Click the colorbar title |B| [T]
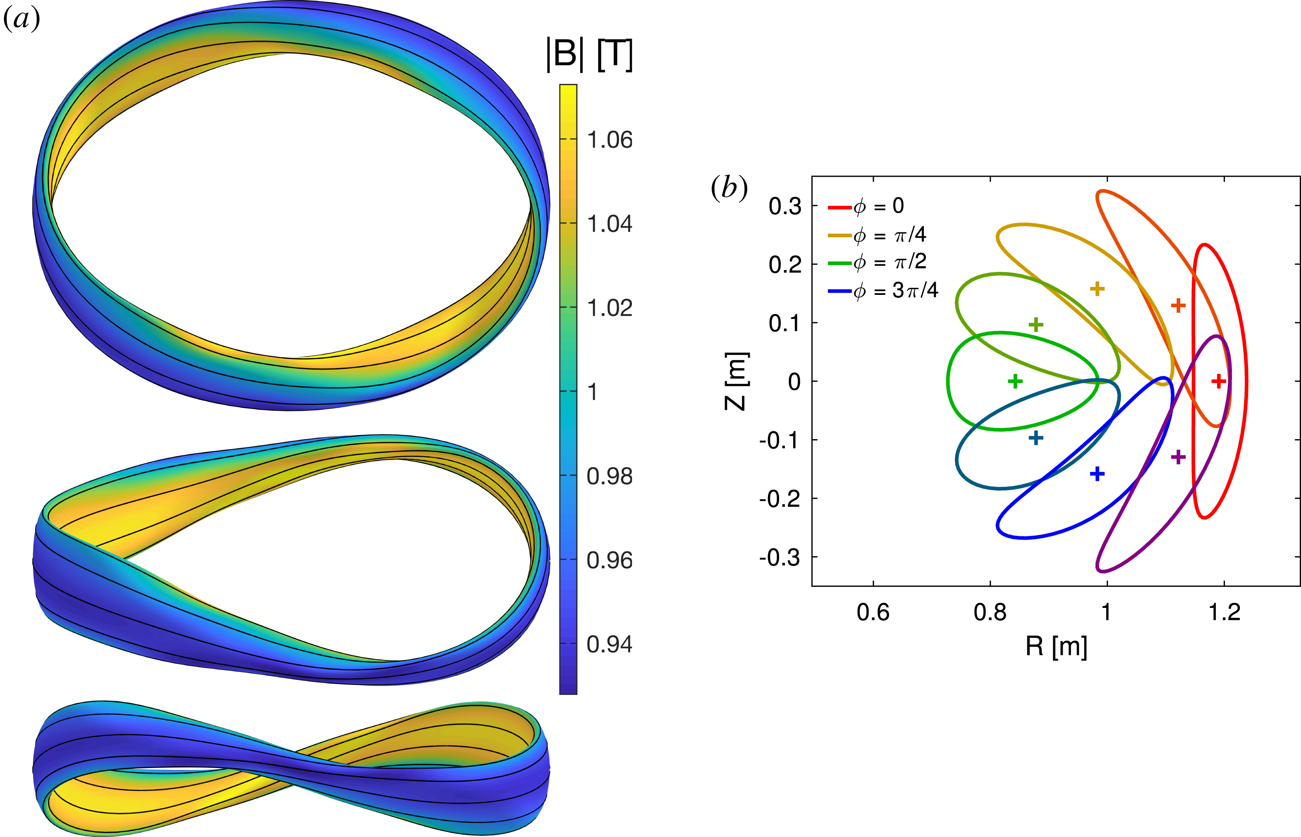(x=590, y=55)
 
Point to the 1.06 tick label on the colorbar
(x=610, y=140)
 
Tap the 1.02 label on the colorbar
(x=610, y=308)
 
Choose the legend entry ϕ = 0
(x=866, y=206)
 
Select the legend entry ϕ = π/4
(x=877, y=235)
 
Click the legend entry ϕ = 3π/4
(x=883, y=291)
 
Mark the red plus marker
(x=1218, y=381)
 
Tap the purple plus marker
(x=1178, y=457)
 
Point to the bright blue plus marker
(x=1097, y=474)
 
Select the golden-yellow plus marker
(x=1097, y=288)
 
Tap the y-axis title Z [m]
(x=737, y=381)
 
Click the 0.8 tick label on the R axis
(x=990, y=612)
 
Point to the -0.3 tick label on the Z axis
(x=780, y=557)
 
